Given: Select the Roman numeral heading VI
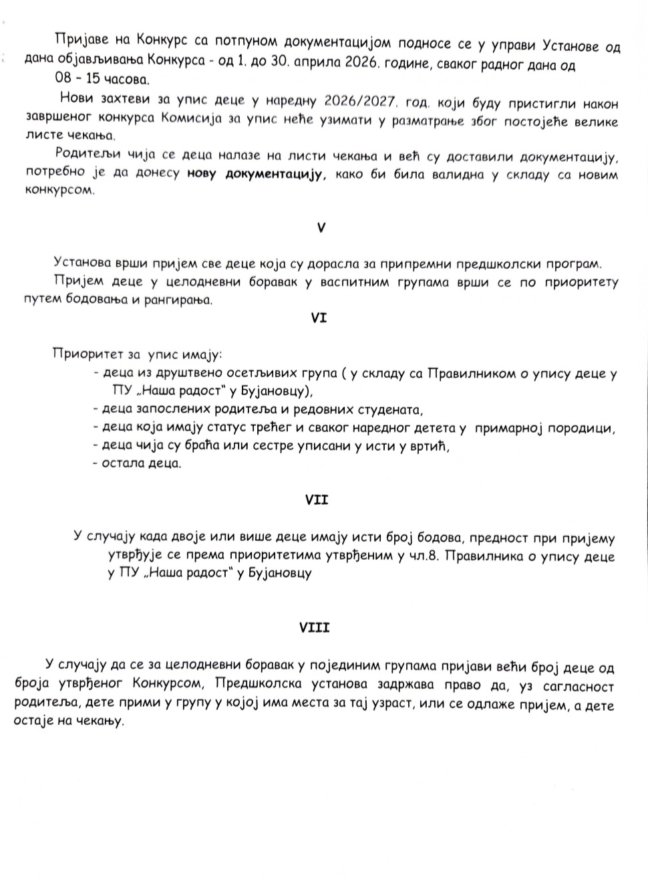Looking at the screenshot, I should [319, 319].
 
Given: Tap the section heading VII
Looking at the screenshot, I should [316, 500].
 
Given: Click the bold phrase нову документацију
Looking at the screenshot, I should [257, 175].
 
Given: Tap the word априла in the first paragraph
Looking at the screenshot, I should [315, 65].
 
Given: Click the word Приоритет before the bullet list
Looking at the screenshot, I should [86, 353].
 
